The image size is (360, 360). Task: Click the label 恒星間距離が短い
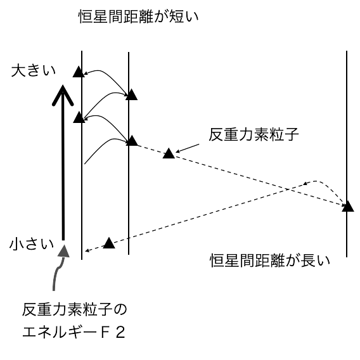click(x=138, y=16)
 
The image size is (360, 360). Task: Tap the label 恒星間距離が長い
click(x=270, y=260)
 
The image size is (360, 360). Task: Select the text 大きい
click(x=34, y=70)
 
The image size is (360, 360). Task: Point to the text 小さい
click(x=32, y=243)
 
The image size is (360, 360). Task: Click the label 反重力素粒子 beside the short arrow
click(x=254, y=134)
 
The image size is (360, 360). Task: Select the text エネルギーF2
click(x=74, y=332)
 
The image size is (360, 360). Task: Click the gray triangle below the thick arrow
click(x=63, y=251)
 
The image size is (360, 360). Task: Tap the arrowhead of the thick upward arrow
click(x=63, y=95)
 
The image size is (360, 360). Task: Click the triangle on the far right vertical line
click(x=348, y=206)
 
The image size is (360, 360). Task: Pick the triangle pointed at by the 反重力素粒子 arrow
click(x=169, y=153)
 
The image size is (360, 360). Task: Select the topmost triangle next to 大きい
click(x=79, y=72)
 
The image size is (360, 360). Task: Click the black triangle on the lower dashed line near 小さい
click(x=109, y=243)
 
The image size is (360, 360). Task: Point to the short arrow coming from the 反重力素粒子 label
click(x=188, y=148)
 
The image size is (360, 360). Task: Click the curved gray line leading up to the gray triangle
click(x=58, y=273)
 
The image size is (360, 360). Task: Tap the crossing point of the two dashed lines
click(x=288, y=190)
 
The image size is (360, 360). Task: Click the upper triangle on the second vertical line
click(x=131, y=94)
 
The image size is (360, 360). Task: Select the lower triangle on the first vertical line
click(x=79, y=117)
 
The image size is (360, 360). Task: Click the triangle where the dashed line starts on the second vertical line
click(x=132, y=141)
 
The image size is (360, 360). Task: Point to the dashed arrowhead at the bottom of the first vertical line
click(x=87, y=250)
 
